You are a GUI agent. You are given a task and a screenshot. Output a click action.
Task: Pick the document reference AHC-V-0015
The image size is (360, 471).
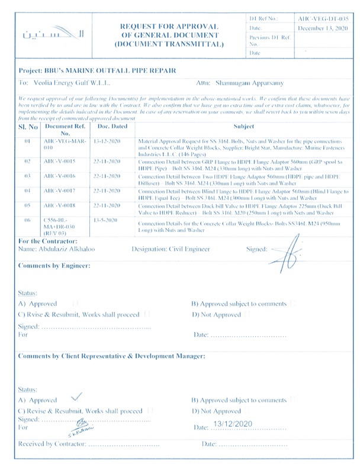point(57,161)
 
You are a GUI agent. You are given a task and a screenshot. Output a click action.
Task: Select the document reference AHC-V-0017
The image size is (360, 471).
point(57,192)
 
